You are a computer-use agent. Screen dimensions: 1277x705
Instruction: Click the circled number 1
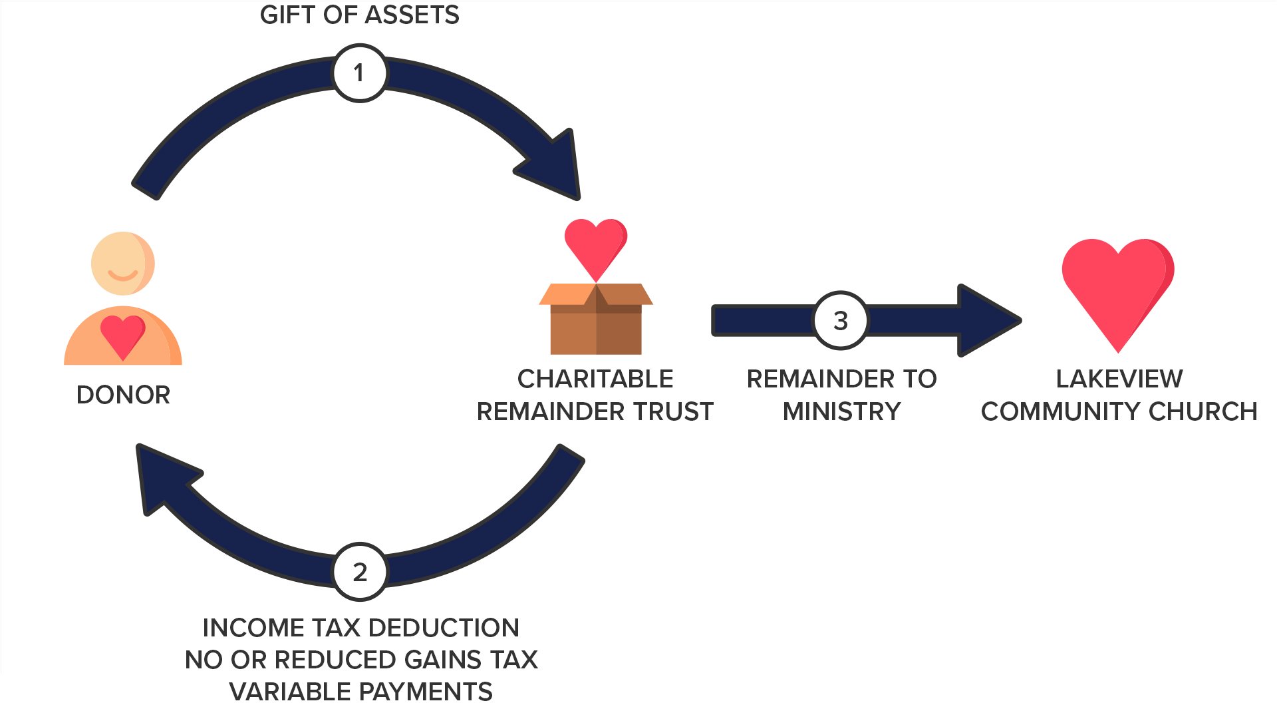pos(359,73)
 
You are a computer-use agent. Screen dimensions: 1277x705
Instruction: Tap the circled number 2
pos(359,571)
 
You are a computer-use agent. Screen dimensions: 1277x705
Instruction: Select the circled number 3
pos(841,320)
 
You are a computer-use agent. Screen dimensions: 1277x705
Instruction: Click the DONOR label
pos(123,395)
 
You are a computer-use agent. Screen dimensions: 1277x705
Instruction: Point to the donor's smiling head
pos(123,264)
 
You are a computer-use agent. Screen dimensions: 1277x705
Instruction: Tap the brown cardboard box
pos(596,319)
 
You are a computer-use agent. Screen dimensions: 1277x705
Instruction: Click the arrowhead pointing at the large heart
pos(986,320)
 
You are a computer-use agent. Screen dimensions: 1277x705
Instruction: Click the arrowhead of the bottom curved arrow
pos(165,478)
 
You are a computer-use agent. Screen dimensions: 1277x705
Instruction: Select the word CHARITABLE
pos(595,379)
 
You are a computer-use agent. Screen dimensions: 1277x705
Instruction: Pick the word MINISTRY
pos(841,411)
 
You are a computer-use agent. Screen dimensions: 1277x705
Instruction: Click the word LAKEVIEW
pos(1119,379)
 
